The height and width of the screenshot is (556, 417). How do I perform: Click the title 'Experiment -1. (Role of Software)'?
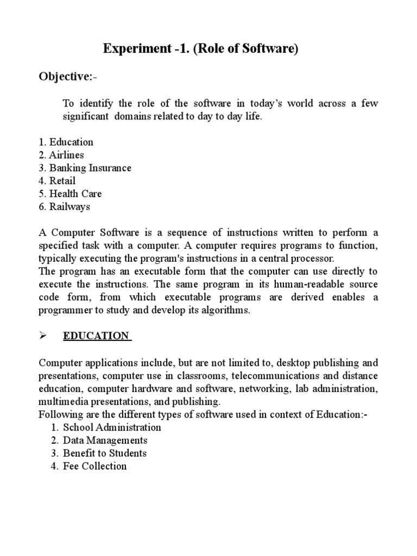point(201,50)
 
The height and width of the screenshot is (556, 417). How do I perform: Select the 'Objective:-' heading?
point(68,77)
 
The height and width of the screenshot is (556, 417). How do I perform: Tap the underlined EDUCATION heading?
point(97,336)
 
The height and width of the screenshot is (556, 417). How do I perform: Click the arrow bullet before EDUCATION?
point(43,336)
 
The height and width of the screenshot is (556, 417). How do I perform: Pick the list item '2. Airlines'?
point(61,155)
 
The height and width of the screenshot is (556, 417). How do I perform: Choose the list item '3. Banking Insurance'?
point(85,168)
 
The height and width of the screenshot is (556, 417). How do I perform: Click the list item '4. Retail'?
point(57,181)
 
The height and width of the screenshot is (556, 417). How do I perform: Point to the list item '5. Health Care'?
point(70,194)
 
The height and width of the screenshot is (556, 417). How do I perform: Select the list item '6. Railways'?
point(64,207)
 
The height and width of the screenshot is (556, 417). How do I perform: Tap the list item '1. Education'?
point(66,142)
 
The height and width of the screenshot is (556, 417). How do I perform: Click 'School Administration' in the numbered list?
point(112,427)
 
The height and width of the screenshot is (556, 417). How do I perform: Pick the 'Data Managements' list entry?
point(105,440)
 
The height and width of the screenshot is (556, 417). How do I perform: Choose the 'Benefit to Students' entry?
point(105,453)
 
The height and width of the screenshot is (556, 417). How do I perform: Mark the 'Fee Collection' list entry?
point(94,466)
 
